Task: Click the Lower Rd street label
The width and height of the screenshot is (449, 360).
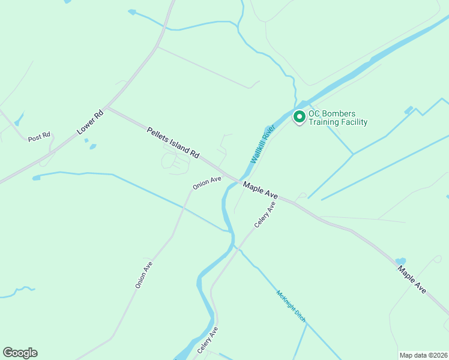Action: pyautogui.click(x=91, y=122)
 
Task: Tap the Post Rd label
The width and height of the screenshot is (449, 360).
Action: pyautogui.click(x=39, y=138)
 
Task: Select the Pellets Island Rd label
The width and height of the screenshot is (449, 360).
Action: pyautogui.click(x=173, y=142)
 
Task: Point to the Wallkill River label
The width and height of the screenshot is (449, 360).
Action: pyautogui.click(x=262, y=144)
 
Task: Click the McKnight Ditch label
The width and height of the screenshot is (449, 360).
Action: pyautogui.click(x=291, y=306)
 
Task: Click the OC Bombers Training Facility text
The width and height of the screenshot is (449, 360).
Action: pyautogui.click(x=337, y=118)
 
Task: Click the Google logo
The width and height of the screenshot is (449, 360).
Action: pyautogui.click(x=20, y=353)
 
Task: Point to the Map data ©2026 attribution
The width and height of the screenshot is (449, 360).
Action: pyautogui.click(x=423, y=355)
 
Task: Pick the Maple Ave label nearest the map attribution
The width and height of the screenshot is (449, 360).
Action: pyautogui.click(x=412, y=279)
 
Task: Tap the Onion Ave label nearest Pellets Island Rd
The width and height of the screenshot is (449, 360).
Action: pyautogui.click(x=207, y=183)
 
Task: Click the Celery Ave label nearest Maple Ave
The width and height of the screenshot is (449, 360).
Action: pyautogui.click(x=265, y=214)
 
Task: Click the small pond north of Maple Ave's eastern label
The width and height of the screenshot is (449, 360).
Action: pyautogui.click(x=400, y=261)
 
